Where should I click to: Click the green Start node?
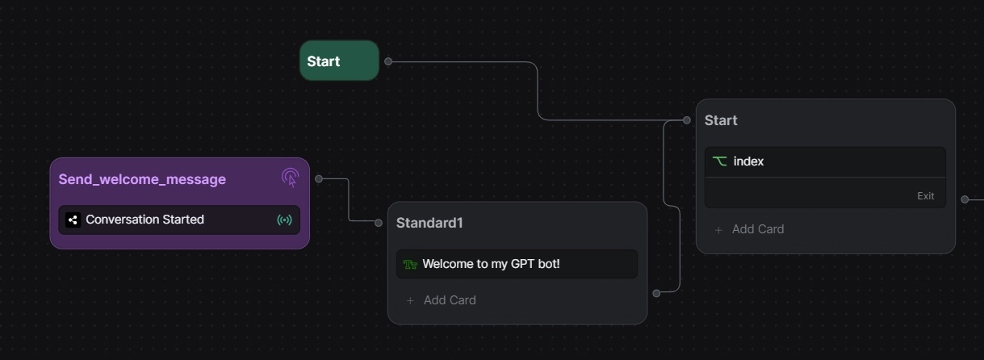tap(339, 61)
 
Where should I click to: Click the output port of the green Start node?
tap(388, 61)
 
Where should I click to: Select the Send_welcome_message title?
tap(142, 179)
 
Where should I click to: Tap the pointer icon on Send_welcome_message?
tap(291, 178)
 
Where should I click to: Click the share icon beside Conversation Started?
tap(73, 220)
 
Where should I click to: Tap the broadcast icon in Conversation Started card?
tap(284, 220)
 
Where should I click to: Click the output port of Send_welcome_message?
tap(319, 178)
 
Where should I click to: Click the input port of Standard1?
tap(379, 223)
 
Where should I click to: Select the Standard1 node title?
tap(429, 223)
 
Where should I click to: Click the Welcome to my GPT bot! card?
tap(517, 264)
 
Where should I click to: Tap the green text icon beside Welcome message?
tap(410, 264)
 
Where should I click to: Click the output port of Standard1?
tap(656, 293)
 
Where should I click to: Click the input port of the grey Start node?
tap(687, 120)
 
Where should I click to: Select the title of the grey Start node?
tap(721, 120)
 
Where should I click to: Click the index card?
tap(824, 161)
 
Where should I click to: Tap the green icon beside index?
tap(719, 161)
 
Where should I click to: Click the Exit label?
tap(925, 196)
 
